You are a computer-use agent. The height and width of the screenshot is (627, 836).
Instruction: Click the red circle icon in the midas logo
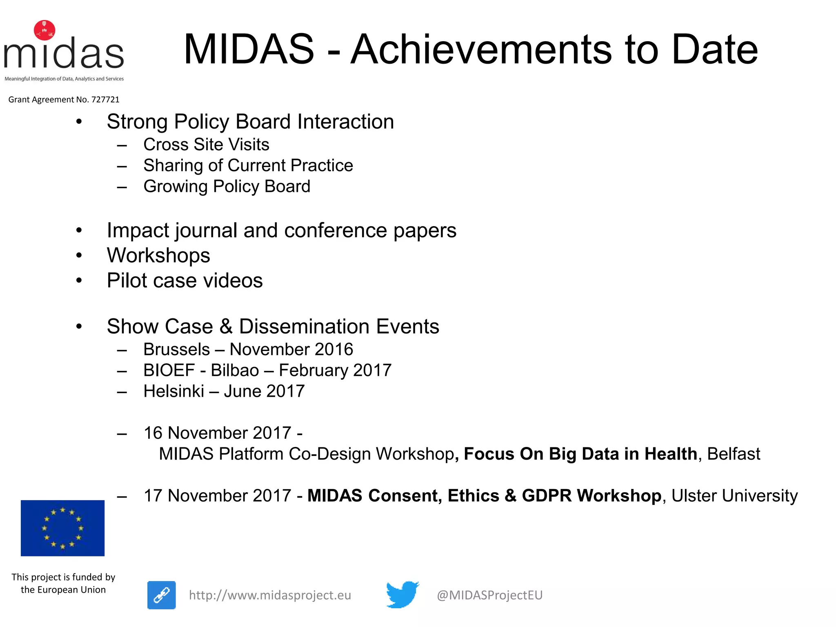(x=44, y=30)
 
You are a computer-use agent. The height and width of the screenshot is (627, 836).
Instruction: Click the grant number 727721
(x=105, y=100)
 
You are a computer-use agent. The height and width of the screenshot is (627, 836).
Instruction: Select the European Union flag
(x=62, y=528)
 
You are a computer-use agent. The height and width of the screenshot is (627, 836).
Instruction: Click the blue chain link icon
(x=162, y=595)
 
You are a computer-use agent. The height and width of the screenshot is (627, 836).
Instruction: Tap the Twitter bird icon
(x=402, y=594)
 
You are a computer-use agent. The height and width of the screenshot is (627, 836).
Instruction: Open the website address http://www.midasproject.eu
(x=270, y=595)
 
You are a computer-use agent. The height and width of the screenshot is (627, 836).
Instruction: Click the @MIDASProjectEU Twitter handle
(x=489, y=595)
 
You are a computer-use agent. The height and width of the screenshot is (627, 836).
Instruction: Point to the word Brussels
(x=176, y=349)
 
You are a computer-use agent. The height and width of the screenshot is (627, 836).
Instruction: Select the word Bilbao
(x=235, y=371)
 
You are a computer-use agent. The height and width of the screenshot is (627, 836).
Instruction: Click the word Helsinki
(x=173, y=391)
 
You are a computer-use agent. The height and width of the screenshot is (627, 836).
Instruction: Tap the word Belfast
(x=734, y=454)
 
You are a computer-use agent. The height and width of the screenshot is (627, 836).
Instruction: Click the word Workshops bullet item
(x=158, y=256)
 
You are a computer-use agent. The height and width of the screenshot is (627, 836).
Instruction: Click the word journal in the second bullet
(x=206, y=231)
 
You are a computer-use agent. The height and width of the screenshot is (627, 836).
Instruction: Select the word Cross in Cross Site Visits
(x=166, y=145)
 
